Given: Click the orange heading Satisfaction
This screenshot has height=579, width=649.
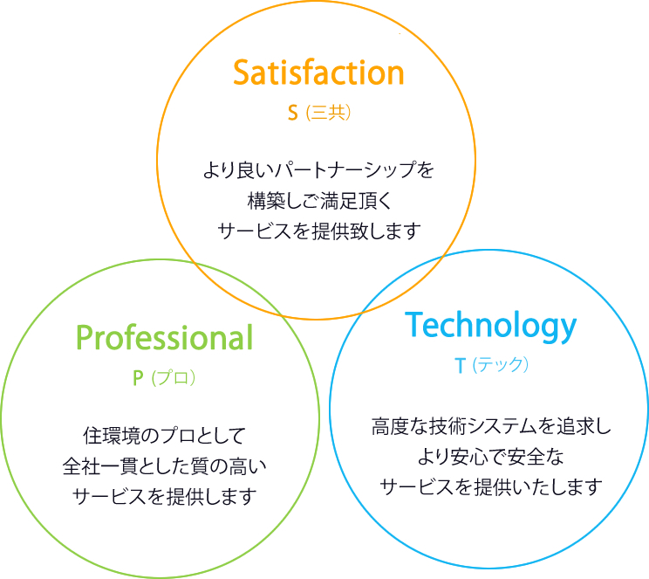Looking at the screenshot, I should [x=318, y=72].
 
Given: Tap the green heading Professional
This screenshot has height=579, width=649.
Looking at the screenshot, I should [x=164, y=337].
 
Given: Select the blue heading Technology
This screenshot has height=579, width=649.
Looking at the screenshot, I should [x=491, y=325].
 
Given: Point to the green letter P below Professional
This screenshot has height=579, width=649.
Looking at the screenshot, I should [x=137, y=377].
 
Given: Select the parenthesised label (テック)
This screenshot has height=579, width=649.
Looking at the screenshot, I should [x=501, y=365].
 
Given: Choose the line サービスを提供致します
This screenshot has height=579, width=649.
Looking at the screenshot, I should [x=318, y=231].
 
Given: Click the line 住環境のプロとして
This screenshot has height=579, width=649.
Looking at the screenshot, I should [x=165, y=434].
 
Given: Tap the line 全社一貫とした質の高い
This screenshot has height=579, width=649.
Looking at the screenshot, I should [x=165, y=465].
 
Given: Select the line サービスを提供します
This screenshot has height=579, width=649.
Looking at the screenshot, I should [x=165, y=496].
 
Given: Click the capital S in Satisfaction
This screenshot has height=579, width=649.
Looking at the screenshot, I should [x=243, y=72].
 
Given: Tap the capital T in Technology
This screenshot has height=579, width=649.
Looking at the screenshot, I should [x=415, y=325].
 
